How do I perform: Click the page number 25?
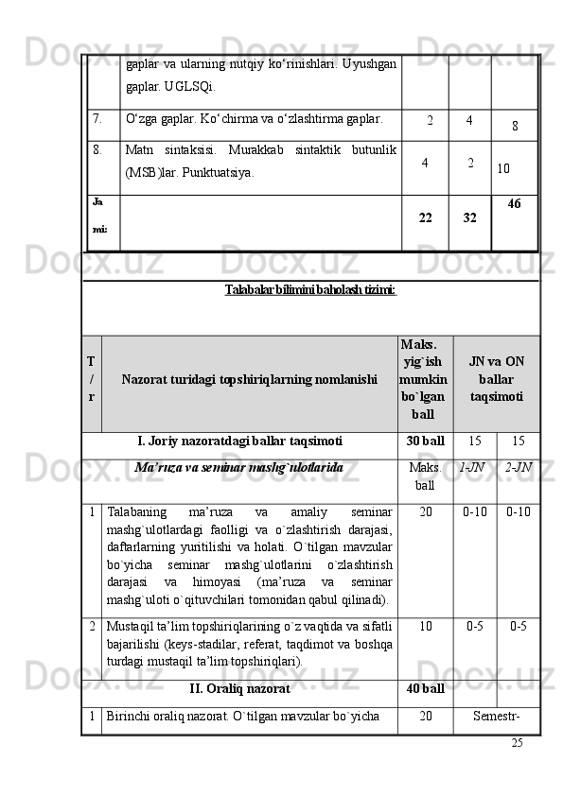click(517, 742)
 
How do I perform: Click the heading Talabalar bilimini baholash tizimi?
click(310, 288)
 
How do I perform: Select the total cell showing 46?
click(515, 203)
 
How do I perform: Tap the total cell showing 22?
click(426, 217)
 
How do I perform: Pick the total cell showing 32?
click(469, 217)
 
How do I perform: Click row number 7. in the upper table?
click(97, 119)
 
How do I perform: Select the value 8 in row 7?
click(514, 125)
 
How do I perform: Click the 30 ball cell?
click(425, 441)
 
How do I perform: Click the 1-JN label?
click(472, 466)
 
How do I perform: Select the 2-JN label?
click(518, 466)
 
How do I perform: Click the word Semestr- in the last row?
click(495, 716)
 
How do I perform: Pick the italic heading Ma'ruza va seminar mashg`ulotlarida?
click(238, 467)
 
